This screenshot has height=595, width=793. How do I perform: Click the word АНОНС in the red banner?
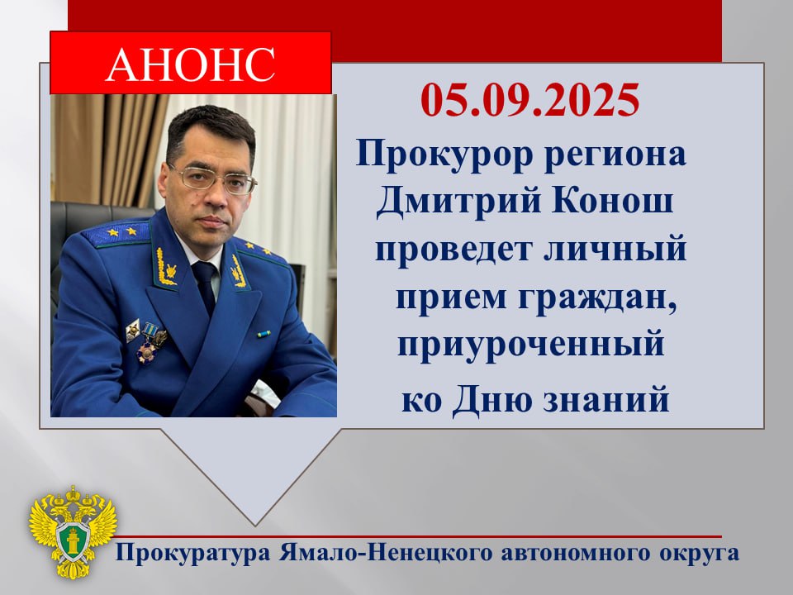tap(190, 64)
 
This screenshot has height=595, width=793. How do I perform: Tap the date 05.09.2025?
tap(530, 100)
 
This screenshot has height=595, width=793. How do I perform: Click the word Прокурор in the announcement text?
tap(444, 155)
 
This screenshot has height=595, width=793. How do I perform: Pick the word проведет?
tap(454, 250)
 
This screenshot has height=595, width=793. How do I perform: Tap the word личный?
tap(615, 249)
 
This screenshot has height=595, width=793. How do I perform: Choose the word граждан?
tap(597, 298)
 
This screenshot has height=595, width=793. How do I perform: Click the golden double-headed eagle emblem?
tap(73, 531)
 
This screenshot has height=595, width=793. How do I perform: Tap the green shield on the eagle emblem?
tap(74, 540)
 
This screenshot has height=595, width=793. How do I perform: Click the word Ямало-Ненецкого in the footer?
tap(386, 553)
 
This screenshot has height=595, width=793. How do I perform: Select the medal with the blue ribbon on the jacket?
tap(150, 342)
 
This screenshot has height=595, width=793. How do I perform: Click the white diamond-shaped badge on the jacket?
tap(132, 331)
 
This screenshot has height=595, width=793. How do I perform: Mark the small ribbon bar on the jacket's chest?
tap(264, 335)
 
